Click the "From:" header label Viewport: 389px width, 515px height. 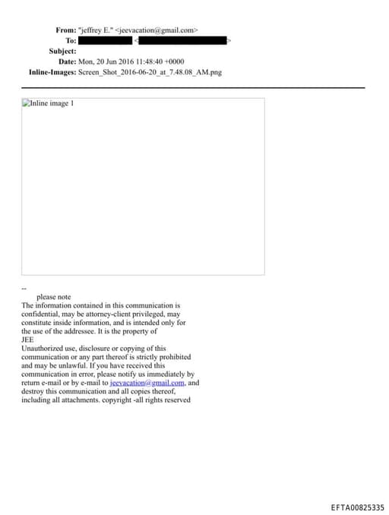(65, 30)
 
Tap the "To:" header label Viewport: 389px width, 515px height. (71, 40)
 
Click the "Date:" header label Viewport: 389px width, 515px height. (67, 62)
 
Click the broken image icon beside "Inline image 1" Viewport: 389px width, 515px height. (27, 104)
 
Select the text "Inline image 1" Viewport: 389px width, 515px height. (52, 104)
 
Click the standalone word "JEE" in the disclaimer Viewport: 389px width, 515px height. (28, 340)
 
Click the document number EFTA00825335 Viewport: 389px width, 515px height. (357, 507)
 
